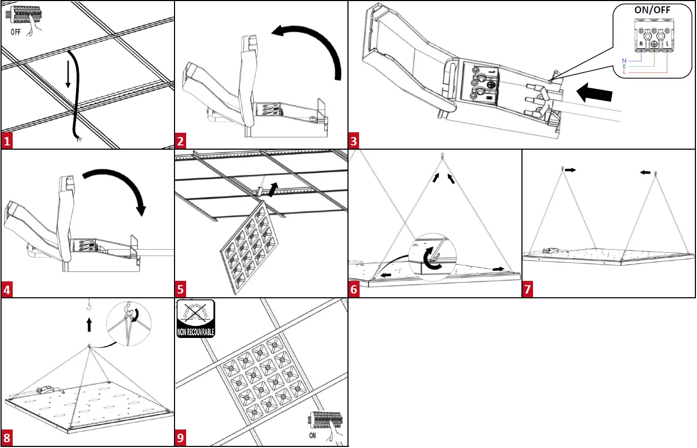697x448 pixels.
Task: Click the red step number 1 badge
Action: click(x=7, y=141)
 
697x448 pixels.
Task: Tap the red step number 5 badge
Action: click(x=181, y=290)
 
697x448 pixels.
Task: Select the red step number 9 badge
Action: click(x=181, y=438)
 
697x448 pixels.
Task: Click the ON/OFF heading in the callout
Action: click(x=652, y=10)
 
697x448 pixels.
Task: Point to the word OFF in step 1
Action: click(x=16, y=31)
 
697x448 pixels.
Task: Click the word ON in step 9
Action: click(x=313, y=435)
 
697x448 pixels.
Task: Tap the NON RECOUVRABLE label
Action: click(x=196, y=333)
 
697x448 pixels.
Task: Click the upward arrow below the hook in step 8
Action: click(x=89, y=324)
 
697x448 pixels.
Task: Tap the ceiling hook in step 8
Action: click(x=89, y=305)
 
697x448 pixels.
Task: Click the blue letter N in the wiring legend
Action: click(x=623, y=60)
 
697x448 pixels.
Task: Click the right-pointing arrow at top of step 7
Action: click(x=570, y=170)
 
